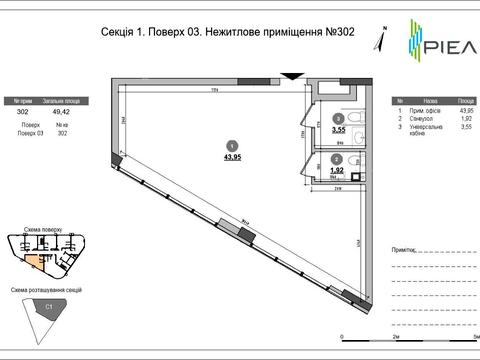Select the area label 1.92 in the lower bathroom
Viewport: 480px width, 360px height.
tap(337, 171)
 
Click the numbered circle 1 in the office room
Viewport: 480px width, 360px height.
tap(231, 144)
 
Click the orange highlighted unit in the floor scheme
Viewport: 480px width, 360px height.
tap(35, 261)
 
